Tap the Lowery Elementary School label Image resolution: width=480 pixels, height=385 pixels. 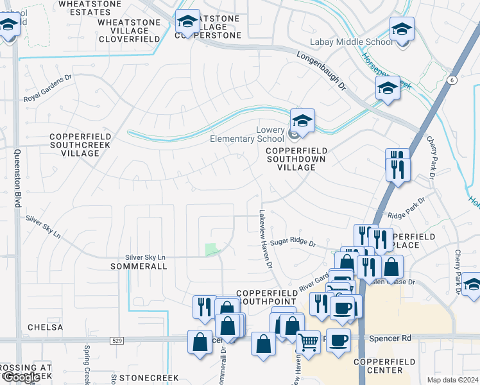click(x=247, y=134)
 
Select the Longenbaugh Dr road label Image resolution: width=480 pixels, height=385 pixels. click(x=321, y=71)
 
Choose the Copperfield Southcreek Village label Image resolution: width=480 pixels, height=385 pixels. click(x=80, y=145)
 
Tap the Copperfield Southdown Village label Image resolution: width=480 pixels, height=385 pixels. click(x=296, y=158)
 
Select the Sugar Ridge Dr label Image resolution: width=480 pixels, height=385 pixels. click(x=293, y=243)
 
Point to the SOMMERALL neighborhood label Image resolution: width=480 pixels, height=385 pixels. click(x=138, y=266)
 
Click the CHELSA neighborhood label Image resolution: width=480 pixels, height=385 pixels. click(x=46, y=327)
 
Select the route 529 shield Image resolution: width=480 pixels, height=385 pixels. click(x=116, y=339)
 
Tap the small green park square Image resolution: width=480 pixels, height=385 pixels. click(x=211, y=250)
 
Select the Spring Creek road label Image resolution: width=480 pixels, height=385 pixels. click(x=87, y=363)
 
